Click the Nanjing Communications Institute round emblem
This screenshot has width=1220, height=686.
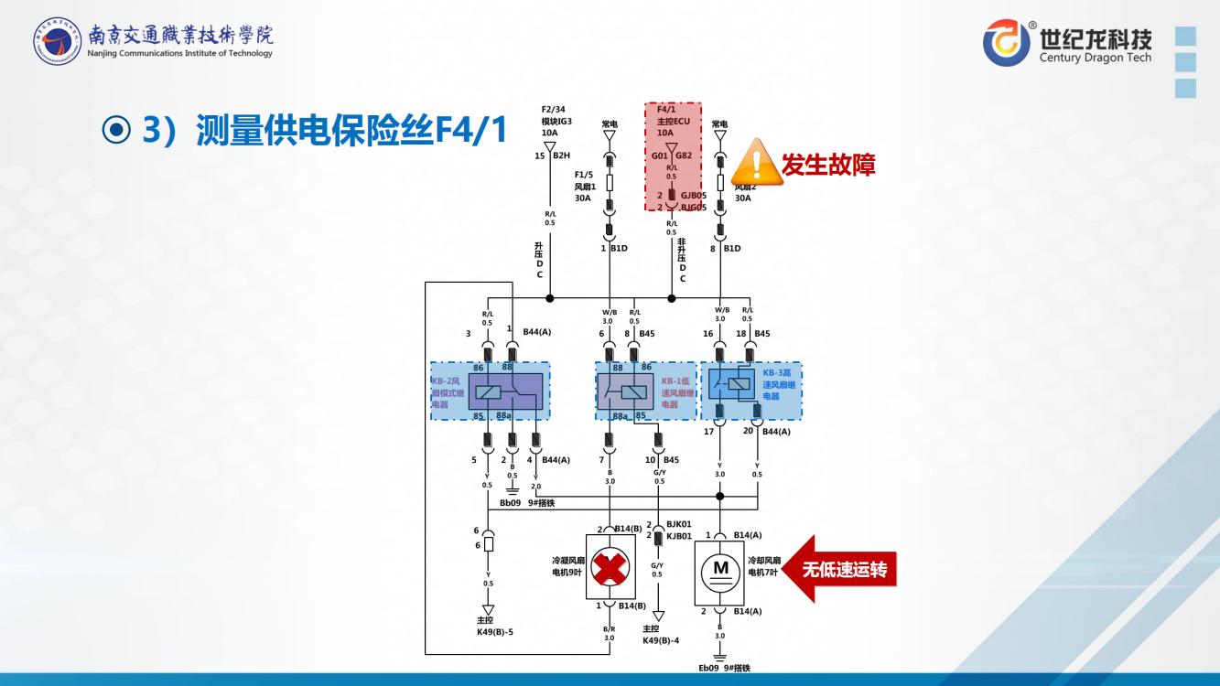point(57,42)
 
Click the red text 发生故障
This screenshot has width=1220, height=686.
point(828,165)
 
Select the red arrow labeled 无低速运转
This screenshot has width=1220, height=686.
point(837,570)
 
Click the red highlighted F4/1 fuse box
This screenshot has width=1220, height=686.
point(674,156)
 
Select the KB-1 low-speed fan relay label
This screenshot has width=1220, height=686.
point(677,391)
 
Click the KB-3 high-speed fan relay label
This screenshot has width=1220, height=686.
point(780,385)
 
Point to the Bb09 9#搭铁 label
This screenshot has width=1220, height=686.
point(527,503)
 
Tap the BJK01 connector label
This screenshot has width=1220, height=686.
point(678,524)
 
